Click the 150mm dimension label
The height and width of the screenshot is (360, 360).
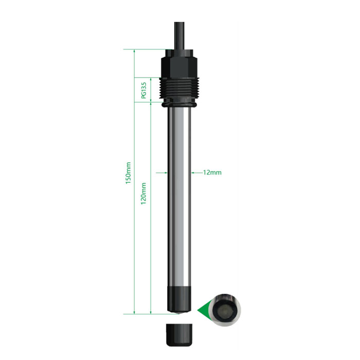(x=128, y=173)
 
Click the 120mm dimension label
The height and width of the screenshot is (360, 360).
(x=143, y=193)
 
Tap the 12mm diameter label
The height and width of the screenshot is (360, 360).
(x=212, y=172)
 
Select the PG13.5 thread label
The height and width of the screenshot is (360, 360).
(x=143, y=90)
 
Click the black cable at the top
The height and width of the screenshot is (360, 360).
(x=179, y=35)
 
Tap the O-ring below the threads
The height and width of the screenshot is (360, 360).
(x=179, y=105)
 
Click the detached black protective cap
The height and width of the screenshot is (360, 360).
(x=179, y=335)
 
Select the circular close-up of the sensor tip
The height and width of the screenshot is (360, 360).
(x=226, y=310)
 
